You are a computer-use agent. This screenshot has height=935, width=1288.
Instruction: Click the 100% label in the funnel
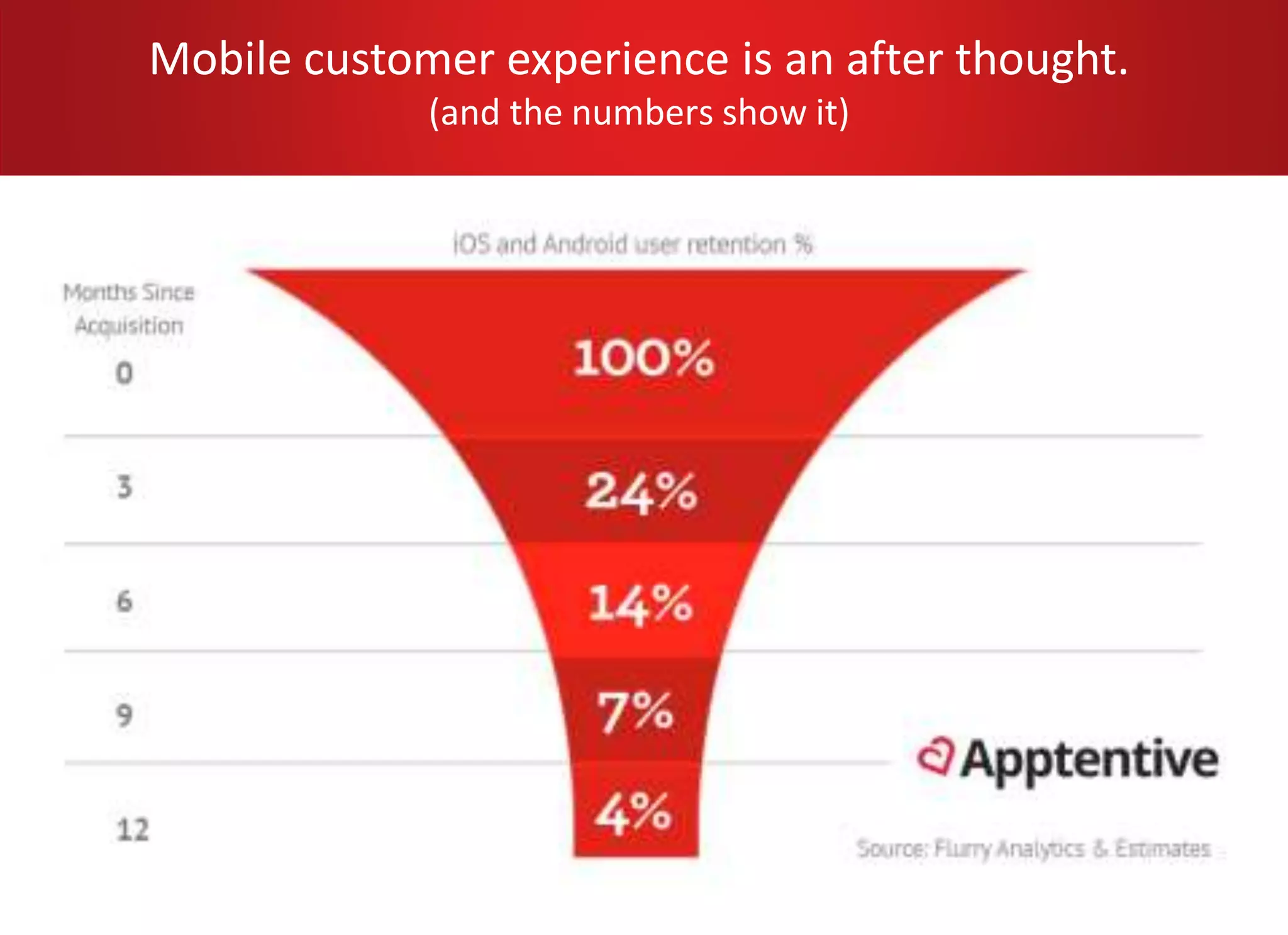[x=643, y=358]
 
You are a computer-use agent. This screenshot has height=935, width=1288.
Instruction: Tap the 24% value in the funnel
[x=641, y=492]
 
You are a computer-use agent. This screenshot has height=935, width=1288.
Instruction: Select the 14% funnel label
[x=640, y=604]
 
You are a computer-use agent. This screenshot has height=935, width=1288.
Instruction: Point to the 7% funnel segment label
[x=635, y=712]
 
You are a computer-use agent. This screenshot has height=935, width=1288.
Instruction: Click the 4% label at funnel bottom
[x=633, y=813]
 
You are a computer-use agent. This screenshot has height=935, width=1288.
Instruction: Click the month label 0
[x=125, y=373]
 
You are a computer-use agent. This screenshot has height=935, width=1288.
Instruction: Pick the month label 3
[x=125, y=487]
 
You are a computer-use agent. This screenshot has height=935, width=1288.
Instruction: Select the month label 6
[x=125, y=601]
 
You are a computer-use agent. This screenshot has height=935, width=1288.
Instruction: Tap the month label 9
[x=125, y=715]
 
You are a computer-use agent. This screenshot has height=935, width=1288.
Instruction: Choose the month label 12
[x=133, y=829]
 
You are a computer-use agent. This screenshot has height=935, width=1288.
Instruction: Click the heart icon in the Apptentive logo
[x=935, y=756]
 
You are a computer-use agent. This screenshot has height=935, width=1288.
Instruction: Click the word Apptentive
[x=1089, y=760]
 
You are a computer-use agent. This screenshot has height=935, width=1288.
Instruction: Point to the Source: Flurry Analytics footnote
[x=1033, y=849]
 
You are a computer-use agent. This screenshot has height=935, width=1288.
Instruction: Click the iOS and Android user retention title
[x=633, y=244]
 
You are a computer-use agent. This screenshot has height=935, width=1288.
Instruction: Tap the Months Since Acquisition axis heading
[x=129, y=309]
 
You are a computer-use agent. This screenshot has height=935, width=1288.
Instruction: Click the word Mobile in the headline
[x=220, y=59]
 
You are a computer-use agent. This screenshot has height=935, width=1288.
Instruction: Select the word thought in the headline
[x=1041, y=59]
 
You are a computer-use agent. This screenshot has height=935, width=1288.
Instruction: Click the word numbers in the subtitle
[x=643, y=113]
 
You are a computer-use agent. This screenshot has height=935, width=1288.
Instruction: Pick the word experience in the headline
[x=618, y=59]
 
